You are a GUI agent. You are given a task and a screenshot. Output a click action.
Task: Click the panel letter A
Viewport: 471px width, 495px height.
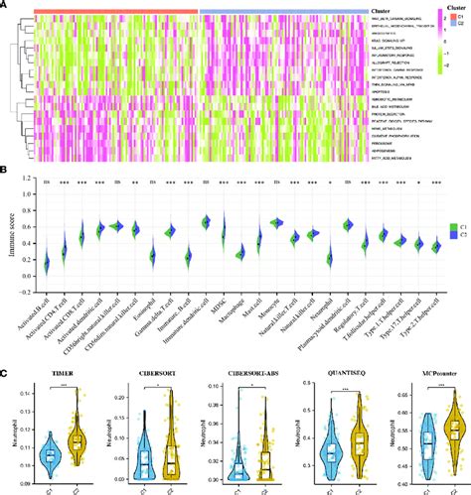6,6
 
